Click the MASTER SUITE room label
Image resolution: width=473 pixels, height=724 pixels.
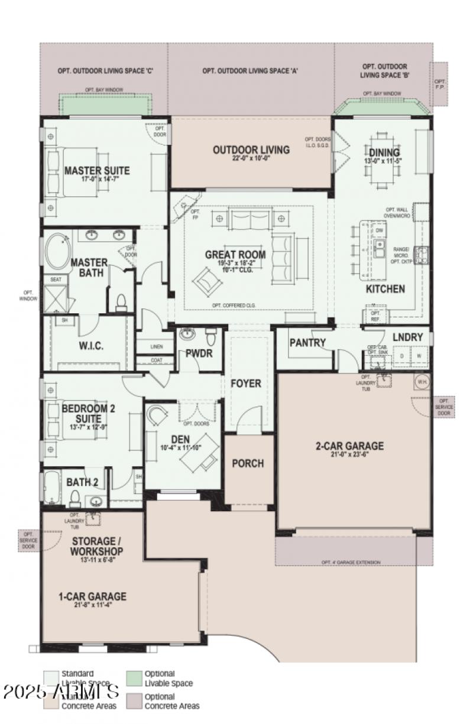coord(96,171)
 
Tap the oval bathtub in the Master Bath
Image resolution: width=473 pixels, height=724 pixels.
coord(57,249)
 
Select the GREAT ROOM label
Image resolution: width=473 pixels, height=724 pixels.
coord(235,255)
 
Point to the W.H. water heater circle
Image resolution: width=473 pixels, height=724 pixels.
coord(422,382)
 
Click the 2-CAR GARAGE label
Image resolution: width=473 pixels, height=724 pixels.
coord(349,446)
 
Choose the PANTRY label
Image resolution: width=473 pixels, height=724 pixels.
coord(307,342)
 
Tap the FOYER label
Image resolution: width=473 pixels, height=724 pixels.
coord(246,384)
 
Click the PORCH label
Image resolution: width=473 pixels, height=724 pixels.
coord(248,463)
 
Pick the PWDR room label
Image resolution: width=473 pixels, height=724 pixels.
coord(195,354)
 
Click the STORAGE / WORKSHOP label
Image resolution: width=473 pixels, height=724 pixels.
coord(97,546)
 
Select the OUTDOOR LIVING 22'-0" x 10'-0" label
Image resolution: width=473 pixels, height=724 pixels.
coord(251,150)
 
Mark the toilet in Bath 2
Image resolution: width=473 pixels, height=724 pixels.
coord(75,499)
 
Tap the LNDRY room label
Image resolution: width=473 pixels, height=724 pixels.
coord(408,337)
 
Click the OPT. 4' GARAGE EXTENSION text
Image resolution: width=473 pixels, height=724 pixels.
coord(351,562)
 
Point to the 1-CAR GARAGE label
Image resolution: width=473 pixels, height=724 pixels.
coord(92,596)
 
